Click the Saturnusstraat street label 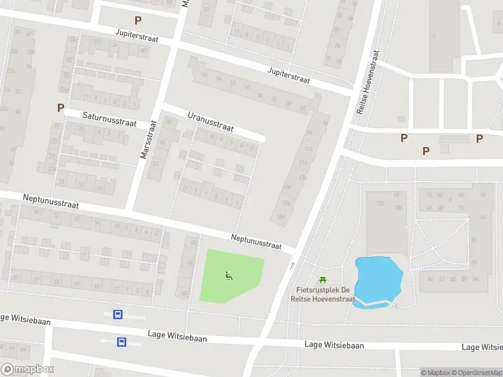tap(109, 119)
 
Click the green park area tap(229, 276)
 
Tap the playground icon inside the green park tap(228, 274)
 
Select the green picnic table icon tap(323, 280)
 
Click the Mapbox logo tap(28, 369)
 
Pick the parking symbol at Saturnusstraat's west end tap(60, 107)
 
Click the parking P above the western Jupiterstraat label tap(137, 21)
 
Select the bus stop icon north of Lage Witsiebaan tap(117, 315)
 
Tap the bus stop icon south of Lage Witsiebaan tap(121, 342)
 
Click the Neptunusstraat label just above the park tap(255, 242)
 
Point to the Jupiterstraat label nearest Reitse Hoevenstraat tap(289, 75)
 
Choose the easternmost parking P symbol tap(480, 139)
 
